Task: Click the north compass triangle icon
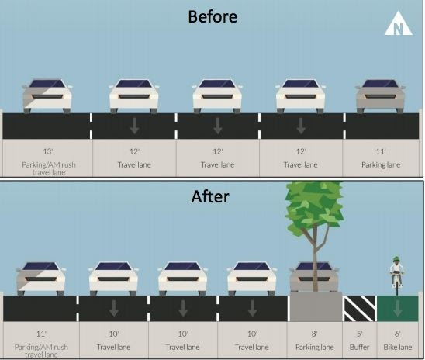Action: pos(398,24)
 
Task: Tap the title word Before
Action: pos(212,16)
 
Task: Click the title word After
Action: pos(210,196)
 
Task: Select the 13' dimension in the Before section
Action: pos(48,151)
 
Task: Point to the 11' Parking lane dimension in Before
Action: pos(381,151)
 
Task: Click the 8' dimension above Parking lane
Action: pos(314,334)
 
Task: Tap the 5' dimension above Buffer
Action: pos(359,334)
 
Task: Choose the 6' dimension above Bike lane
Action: pos(397,334)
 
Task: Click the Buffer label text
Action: pos(359,347)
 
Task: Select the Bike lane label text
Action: pos(398,347)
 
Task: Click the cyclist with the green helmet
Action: pos(397,275)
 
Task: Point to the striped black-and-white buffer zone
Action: pos(359,309)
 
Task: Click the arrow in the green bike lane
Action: pos(397,308)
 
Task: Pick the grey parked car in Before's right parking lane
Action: pos(381,96)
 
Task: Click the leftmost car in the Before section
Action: pos(47,96)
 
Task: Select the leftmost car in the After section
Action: pos(40,279)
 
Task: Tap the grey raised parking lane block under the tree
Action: pos(316,307)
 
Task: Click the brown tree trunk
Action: pos(315,260)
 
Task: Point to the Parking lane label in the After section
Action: pos(314,348)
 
